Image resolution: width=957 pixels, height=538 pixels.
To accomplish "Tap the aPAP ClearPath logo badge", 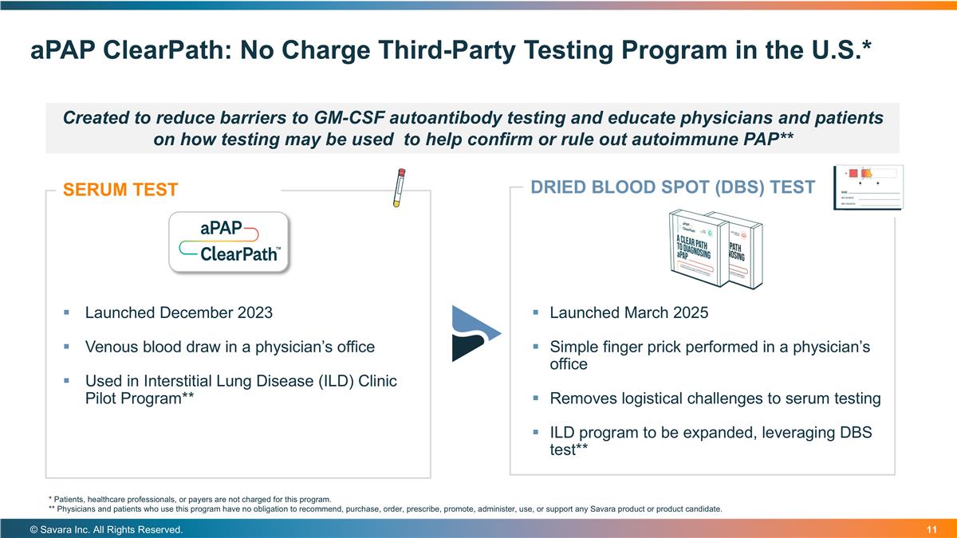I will tap(227, 242).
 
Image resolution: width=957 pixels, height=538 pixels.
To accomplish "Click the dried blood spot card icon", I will tap(868, 187).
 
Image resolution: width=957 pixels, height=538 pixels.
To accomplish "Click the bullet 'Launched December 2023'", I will tap(179, 312).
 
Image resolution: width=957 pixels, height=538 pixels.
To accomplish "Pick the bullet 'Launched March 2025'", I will tap(628, 312).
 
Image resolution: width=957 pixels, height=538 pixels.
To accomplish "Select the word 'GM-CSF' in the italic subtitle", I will tap(341, 118).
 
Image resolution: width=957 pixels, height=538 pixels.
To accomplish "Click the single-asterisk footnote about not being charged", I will tap(190, 499).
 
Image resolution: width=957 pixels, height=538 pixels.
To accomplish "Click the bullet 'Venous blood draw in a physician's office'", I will tap(230, 347).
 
